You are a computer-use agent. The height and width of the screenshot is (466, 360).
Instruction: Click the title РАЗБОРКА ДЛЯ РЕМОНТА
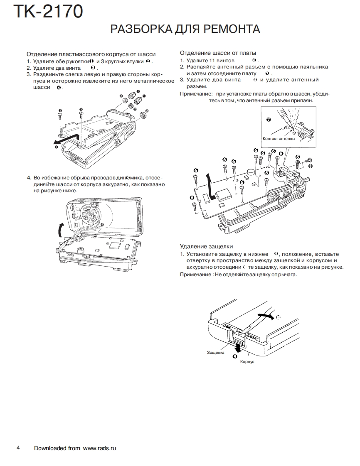(185, 29)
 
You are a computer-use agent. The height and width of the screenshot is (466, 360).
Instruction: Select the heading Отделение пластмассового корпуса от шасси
(91, 54)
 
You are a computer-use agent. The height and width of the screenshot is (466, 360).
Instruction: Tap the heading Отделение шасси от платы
(218, 53)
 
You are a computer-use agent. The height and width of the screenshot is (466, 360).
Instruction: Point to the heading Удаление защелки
(206, 246)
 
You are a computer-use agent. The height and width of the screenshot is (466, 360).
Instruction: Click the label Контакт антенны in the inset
(279, 139)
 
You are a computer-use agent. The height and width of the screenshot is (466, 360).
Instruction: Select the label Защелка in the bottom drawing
(215, 353)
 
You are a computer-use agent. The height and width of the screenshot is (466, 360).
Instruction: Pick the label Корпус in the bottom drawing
(247, 362)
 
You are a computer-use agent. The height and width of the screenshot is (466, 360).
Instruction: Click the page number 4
(18, 448)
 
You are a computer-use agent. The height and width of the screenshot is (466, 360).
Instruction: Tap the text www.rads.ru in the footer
(99, 448)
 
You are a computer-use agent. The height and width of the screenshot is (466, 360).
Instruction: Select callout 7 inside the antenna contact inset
(268, 120)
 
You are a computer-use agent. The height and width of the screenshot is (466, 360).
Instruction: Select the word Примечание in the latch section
(196, 275)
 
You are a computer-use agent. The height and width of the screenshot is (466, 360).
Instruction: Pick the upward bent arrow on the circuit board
(212, 185)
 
